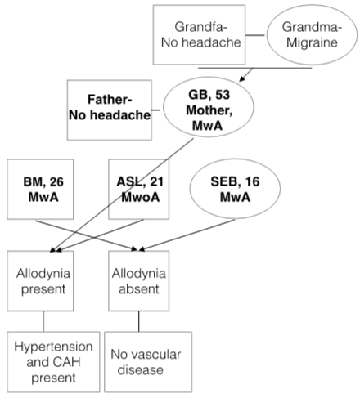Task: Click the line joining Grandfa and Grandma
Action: coord(254,35)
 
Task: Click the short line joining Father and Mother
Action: coord(155,110)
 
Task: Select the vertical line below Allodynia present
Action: coord(43,321)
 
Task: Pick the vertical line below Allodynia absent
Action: coord(139,321)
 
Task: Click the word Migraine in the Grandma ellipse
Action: coord(312,42)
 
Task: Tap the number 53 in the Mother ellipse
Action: coord(223,95)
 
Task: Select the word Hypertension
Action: coord(53,347)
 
